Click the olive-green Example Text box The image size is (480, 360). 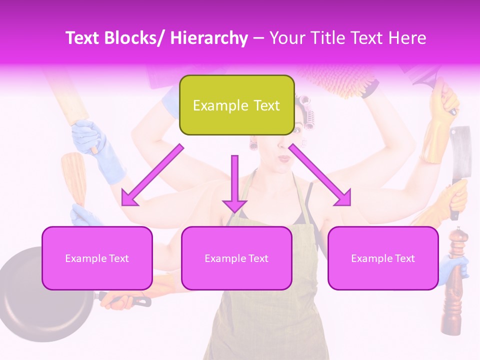(236, 105)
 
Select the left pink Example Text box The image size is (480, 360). (97, 258)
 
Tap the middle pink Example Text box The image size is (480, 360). (236, 258)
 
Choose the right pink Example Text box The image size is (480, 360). (383, 258)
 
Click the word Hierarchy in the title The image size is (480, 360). (209, 38)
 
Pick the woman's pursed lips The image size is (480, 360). (284, 158)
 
